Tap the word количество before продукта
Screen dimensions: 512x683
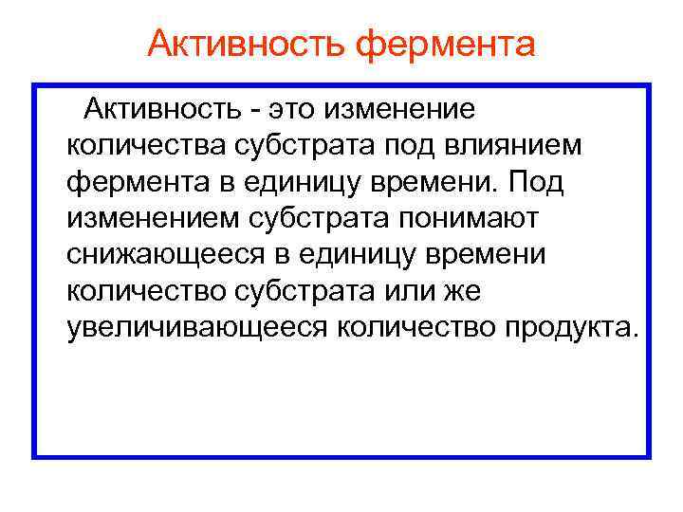pyautogui.click(x=404, y=327)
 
